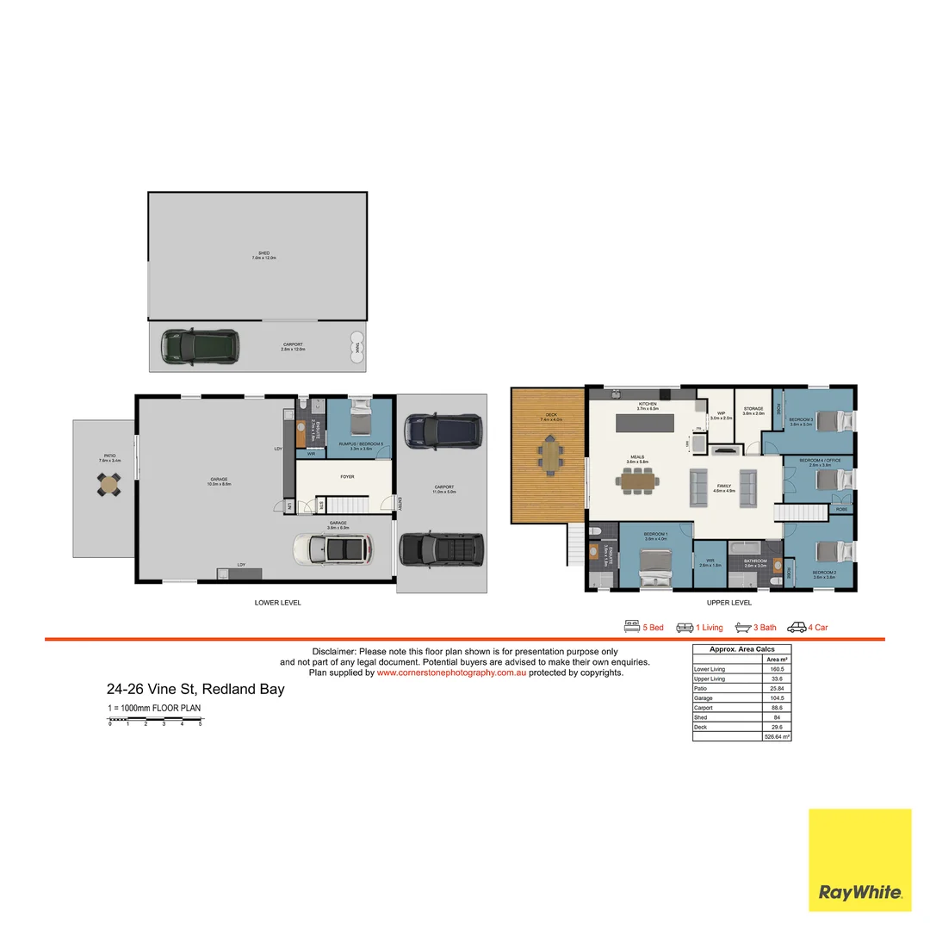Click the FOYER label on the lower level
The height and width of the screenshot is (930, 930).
[347, 476]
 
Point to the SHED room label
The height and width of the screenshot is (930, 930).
[263, 255]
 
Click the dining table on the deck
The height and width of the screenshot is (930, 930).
[549, 454]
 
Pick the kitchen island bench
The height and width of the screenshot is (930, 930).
[656, 424]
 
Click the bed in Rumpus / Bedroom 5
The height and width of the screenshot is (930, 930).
[358, 422]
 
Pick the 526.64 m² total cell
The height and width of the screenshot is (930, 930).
[777, 737]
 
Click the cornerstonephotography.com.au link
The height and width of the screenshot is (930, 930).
[451, 673]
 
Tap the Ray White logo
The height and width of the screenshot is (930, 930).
[860, 860]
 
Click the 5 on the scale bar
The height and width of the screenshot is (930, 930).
[200, 724]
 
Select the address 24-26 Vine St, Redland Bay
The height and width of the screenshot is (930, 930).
[195, 689]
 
